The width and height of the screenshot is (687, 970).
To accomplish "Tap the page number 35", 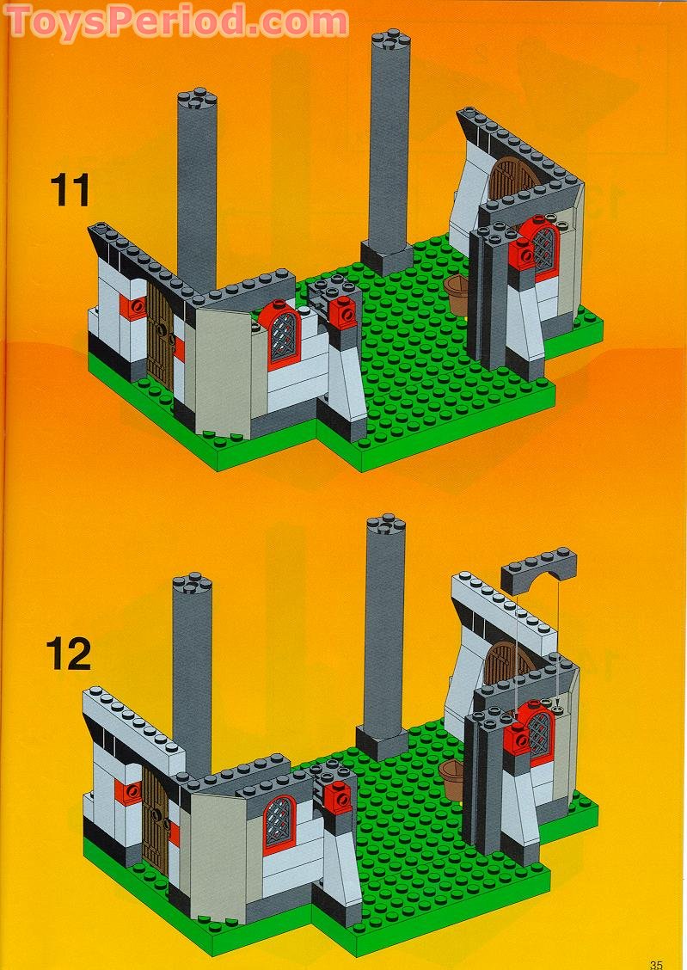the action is pyautogui.click(x=656, y=964).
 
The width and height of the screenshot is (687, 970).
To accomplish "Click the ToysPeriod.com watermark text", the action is pyautogui.click(x=178, y=21).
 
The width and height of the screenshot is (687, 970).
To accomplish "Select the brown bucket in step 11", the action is pyautogui.click(x=457, y=294).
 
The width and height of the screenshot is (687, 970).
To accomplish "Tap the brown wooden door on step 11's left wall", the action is pyautogui.click(x=161, y=334).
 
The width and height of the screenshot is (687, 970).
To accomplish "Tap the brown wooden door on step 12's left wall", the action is pyautogui.click(x=156, y=817).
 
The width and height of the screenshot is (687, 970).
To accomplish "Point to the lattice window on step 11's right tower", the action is pyautogui.click(x=545, y=248).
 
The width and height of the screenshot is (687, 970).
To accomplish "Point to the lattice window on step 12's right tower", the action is pyautogui.click(x=541, y=731).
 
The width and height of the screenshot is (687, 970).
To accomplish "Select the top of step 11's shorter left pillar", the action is pyautogui.click(x=197, y=99).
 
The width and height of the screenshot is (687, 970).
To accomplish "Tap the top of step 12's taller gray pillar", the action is pyautogui.click(x=386, y=524).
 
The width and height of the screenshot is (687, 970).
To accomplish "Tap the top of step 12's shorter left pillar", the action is pyautogui.click(x=193, y=583).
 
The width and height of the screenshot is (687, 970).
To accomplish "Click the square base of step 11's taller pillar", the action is pyautogui.click(x=386, y=257).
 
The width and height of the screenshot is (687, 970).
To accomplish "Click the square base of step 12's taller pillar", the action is pyautogui.click(x=382, y=742).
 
